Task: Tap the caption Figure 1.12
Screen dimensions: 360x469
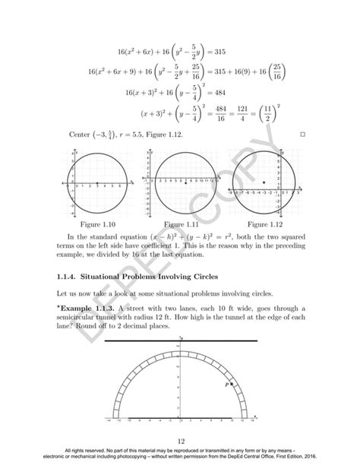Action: [x=264, y=226]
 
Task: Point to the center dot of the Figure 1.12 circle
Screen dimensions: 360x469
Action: [x=263, y=183]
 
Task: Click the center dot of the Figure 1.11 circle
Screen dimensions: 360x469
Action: [x=185, y=183]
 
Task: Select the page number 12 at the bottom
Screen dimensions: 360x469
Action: [x=180, y=441]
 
